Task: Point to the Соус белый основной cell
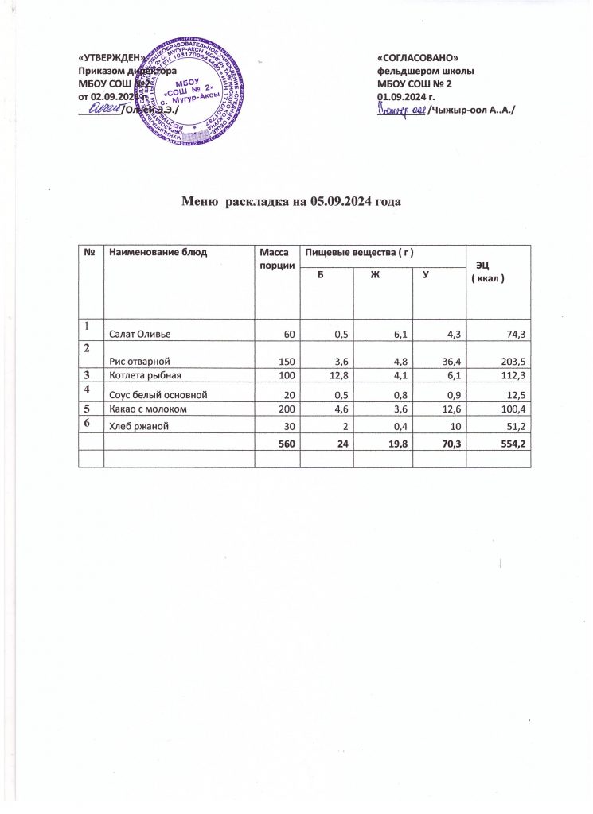pyautogui.click(x=154, y=397)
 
